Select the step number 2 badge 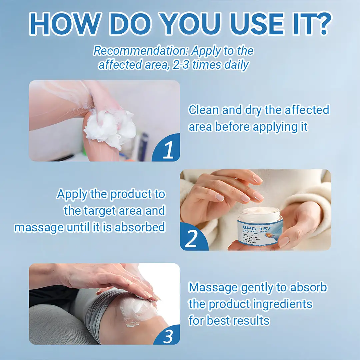point(191,239)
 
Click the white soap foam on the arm point(110,128)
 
